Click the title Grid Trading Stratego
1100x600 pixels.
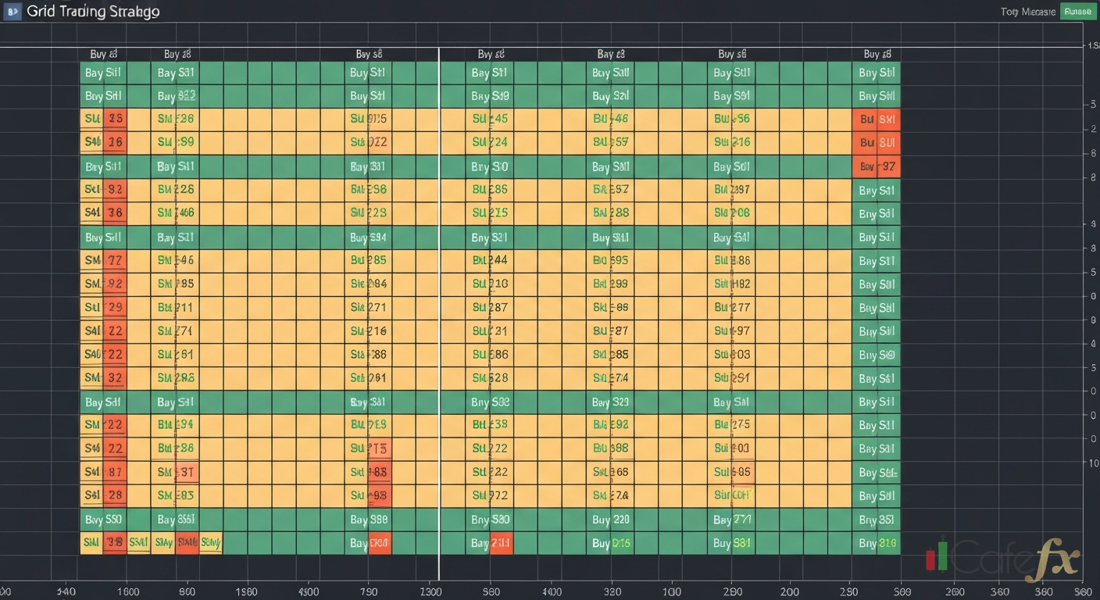pyautogui.click(x=93, y=12)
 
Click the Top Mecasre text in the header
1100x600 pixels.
pyautogui.click(x=1026, y=12)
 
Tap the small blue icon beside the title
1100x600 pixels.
pyautogui.click(x=13, y=12)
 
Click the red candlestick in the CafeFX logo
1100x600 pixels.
pyautogui.click(x=930, y=559)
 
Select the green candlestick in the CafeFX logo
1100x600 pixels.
pyautogui.click(x=942, y=554)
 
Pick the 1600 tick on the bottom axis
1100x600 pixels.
pyautogui.click(x=127, y=591)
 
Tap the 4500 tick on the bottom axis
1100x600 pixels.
pyautogui.click(x=309, y=591)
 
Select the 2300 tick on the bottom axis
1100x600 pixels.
pyautogui.click(x=430, y=591)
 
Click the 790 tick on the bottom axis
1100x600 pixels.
pyautogui.click(x=370, y=591)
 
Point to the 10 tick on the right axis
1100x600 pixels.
pyautogui.click(x=1094, y=463)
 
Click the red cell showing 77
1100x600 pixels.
pyautogui.click(x=115, y=261)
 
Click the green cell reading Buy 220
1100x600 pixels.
pyautogui.click(x=610, y=520)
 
